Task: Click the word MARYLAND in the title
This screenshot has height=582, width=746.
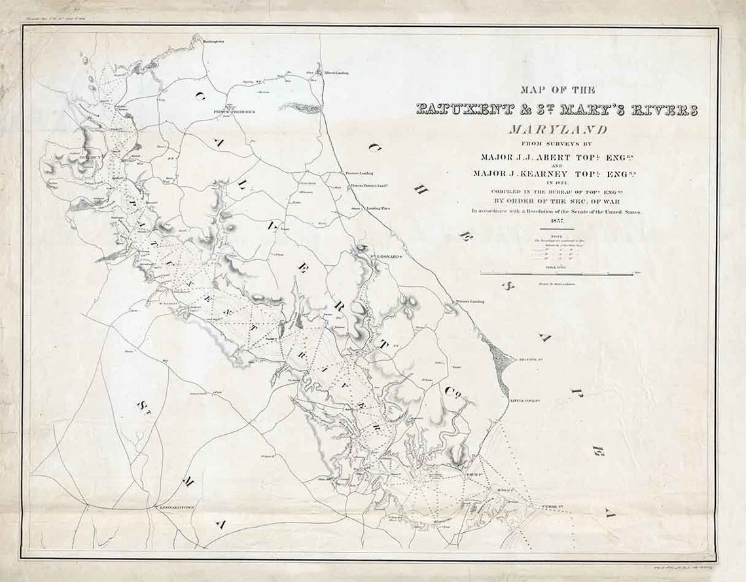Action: pyautogui.click(x=557, y=130)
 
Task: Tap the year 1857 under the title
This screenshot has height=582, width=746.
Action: pyautogui.click(x=557, y=225)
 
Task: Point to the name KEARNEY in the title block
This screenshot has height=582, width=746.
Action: pyautogui.click(x=552, y=173)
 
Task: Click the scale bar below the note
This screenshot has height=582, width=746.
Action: pyautogui.click(x=557, y=274)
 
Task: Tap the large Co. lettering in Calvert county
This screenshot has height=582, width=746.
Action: pyautogui.click(x=452, y=392)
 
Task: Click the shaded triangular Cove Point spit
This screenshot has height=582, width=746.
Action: pyautogui.click(x=503, y=364)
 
